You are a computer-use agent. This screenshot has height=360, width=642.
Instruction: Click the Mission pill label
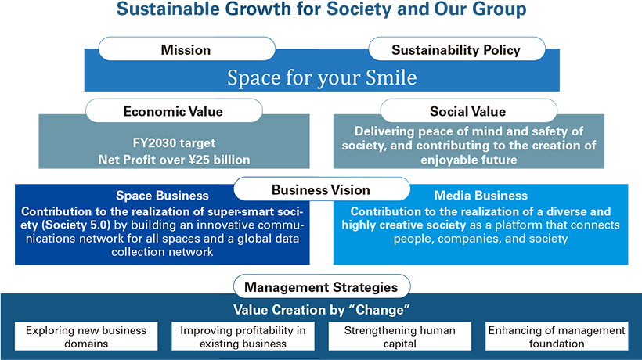(186, 49)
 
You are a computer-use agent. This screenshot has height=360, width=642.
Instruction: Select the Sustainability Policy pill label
(456, 49)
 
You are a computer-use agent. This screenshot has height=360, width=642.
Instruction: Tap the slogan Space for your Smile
(322, 77)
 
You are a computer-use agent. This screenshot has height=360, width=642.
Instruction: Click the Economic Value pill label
(174, 111)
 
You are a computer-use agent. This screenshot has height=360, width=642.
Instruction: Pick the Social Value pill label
(468, 111)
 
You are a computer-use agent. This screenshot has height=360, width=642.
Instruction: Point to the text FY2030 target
(174, 142)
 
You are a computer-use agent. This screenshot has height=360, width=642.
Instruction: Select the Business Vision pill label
(322, 189)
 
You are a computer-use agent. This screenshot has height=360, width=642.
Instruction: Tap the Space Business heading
(162, 196)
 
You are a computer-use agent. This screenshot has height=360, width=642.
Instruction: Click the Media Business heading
(481, 196)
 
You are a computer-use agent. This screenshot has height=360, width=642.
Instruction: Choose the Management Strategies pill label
(322, 286)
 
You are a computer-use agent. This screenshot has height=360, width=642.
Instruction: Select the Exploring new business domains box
(86, 337)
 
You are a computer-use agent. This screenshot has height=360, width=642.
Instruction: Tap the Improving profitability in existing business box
(243, 337)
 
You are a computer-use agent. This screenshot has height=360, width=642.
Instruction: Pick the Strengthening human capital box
(399, 337)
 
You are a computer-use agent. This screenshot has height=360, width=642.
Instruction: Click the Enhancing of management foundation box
(557, 337)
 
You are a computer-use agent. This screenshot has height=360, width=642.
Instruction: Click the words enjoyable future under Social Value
(469, 160)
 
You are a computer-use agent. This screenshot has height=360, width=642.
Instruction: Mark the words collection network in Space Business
(162, 251)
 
